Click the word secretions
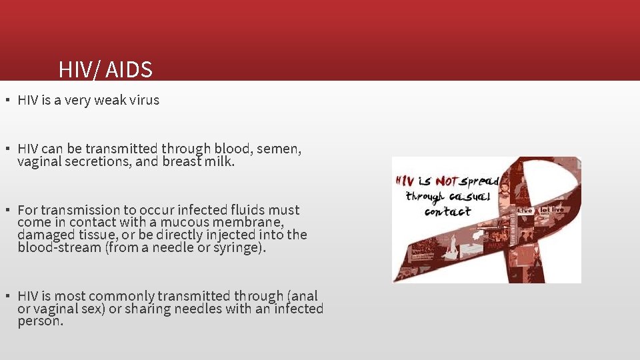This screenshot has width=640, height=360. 98,161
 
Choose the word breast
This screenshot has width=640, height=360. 182,161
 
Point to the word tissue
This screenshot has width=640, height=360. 97,235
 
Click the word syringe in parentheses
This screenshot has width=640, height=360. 239,247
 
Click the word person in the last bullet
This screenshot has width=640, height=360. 40,321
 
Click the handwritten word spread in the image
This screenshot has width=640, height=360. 479,180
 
